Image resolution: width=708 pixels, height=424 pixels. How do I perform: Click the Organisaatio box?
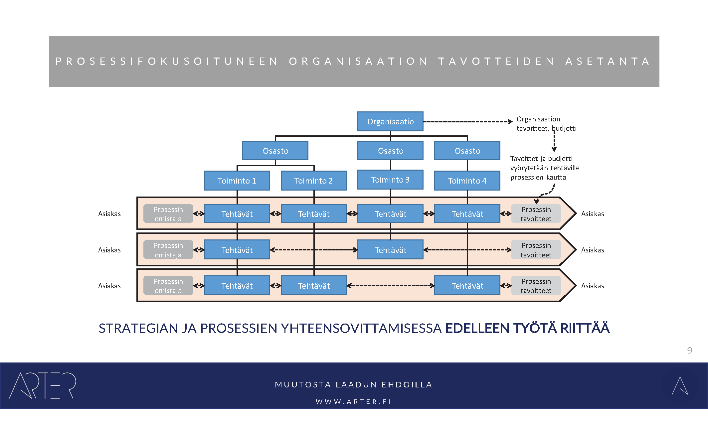pyautogui.click(x=390, y=122)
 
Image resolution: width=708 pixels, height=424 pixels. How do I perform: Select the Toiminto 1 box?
pyautogui.click(x=237, y=181)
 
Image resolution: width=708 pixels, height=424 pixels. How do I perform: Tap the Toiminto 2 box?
pyautogui.click(x=313, y=181)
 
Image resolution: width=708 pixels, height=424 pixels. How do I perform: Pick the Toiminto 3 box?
pyautogui.click(x=390, y=180)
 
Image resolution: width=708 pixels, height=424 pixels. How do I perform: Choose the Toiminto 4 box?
pyautogui.click(x=467, y=181)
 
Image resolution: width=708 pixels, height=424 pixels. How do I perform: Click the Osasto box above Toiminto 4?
pyautogui.click(x=467, y=151)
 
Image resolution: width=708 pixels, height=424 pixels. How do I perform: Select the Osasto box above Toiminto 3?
pyautogui.click(x=390, y=151)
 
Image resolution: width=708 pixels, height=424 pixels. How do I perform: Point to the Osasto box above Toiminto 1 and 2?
pyautogui.click(x=275, y=151)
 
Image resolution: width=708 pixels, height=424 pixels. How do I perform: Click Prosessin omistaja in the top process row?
pyautogui.click(x=168, y=214)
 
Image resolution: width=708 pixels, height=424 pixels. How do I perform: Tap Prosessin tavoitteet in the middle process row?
pyautogui.click(x=536, y=250)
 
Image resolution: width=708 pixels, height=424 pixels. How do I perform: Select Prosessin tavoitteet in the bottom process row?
pyautogui.click(x=536, y=286)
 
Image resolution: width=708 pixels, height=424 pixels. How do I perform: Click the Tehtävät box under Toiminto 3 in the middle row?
pyautogui.click(x=390, y=250)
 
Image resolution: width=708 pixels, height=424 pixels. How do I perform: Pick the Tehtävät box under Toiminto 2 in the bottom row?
pyautogui.click(x=313, y=286)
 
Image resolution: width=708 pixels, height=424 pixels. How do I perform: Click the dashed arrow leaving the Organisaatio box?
pyautogui.click(x=467, y=122)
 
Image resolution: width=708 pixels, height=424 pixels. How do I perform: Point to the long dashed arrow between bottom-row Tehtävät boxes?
pyautogui.click(x=390, y=286)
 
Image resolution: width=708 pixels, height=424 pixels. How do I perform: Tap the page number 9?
pyautogui.click(x=690, y=350)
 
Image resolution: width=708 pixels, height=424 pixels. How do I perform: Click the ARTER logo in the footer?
pyautogui.click(x=43, y=385)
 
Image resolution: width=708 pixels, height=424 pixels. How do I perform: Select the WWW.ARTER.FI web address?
pyautogui.click(x=353, y=402)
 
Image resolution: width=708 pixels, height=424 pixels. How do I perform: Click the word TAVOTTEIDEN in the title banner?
pyautogui.click(x=496, y=62)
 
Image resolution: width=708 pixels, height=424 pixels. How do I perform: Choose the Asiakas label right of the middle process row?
pyautogui.click(x=593, y=250)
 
